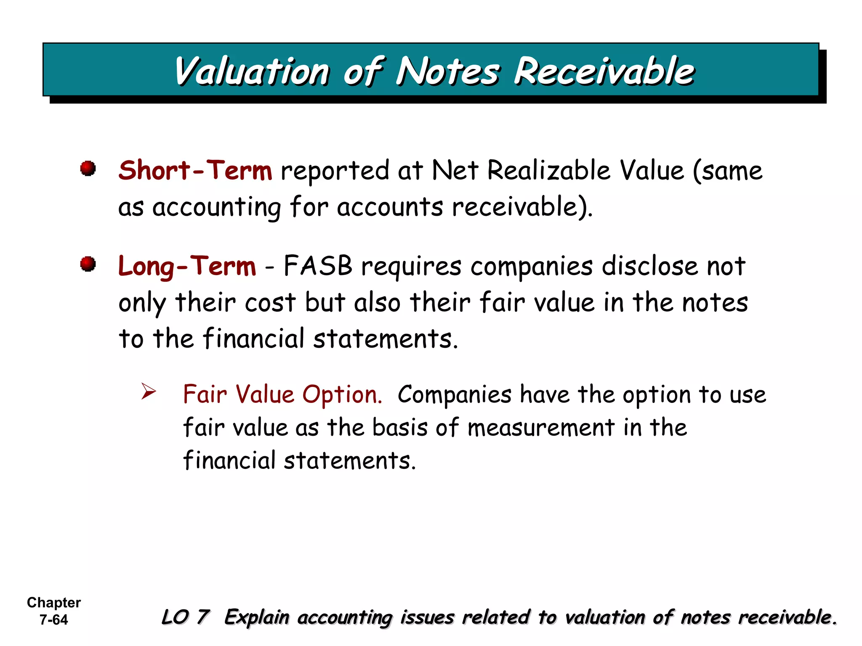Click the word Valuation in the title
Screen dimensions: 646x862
[x=252, y=71]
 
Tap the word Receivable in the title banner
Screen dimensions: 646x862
[x=604, y=71]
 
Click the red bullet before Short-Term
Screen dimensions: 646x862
[x=88, y=169]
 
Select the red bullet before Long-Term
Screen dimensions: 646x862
[x=88, y=264]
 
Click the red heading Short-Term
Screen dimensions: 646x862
[x=195, y=171]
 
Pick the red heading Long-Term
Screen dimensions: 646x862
[x=187, y=267]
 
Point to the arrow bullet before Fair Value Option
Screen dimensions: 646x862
[x=148, y=392]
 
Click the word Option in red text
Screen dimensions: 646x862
[x=342, y=395]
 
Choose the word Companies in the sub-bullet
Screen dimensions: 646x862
[x=455, y=394]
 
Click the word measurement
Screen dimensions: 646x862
[x=541, y=428]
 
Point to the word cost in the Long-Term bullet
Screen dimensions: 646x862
[x=270, y=302]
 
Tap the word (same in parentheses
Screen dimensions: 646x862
[x=728, y=171]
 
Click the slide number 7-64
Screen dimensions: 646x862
[x=53, y=620]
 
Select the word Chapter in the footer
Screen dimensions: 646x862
[x=53, y=603]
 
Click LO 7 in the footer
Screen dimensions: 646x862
[x=185, y=617]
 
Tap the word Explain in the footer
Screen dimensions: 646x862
[x=257, y=617]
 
